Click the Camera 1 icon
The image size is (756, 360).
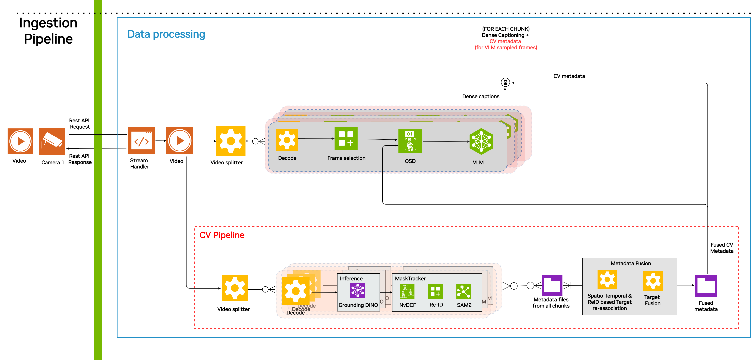pyautogui.click(x=52, y=141)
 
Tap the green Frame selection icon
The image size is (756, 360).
pyautogui.click(x=346, y=139)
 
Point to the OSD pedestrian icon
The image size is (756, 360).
pyautogui.click(x=410, y=141)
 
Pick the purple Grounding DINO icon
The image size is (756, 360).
pyautogui.click(x=358, y=290)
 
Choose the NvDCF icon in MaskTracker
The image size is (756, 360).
pyautogui.click(x=407, y=292)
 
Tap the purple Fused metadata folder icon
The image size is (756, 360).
pyautogui.click(x=706, y=286)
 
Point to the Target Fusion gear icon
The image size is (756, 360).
pyautogui.click(x=653, y=281)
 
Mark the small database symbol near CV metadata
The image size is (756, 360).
pyautogui.click(x=505, y=82)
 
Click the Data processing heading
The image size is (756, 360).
pyautogui.click(x=166, y=34)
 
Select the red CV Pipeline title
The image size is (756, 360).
pyautogui.click(x=222, y=235)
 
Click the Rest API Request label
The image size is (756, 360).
pyautogui.click(x=79, y=124)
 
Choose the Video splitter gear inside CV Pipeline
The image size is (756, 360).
pyautogui.click(x=235, y=288)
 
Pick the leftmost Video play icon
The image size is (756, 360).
pyautogui.click(x=20, y=141)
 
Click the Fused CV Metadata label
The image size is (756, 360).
pyautogui.click(x=722, y=248)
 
